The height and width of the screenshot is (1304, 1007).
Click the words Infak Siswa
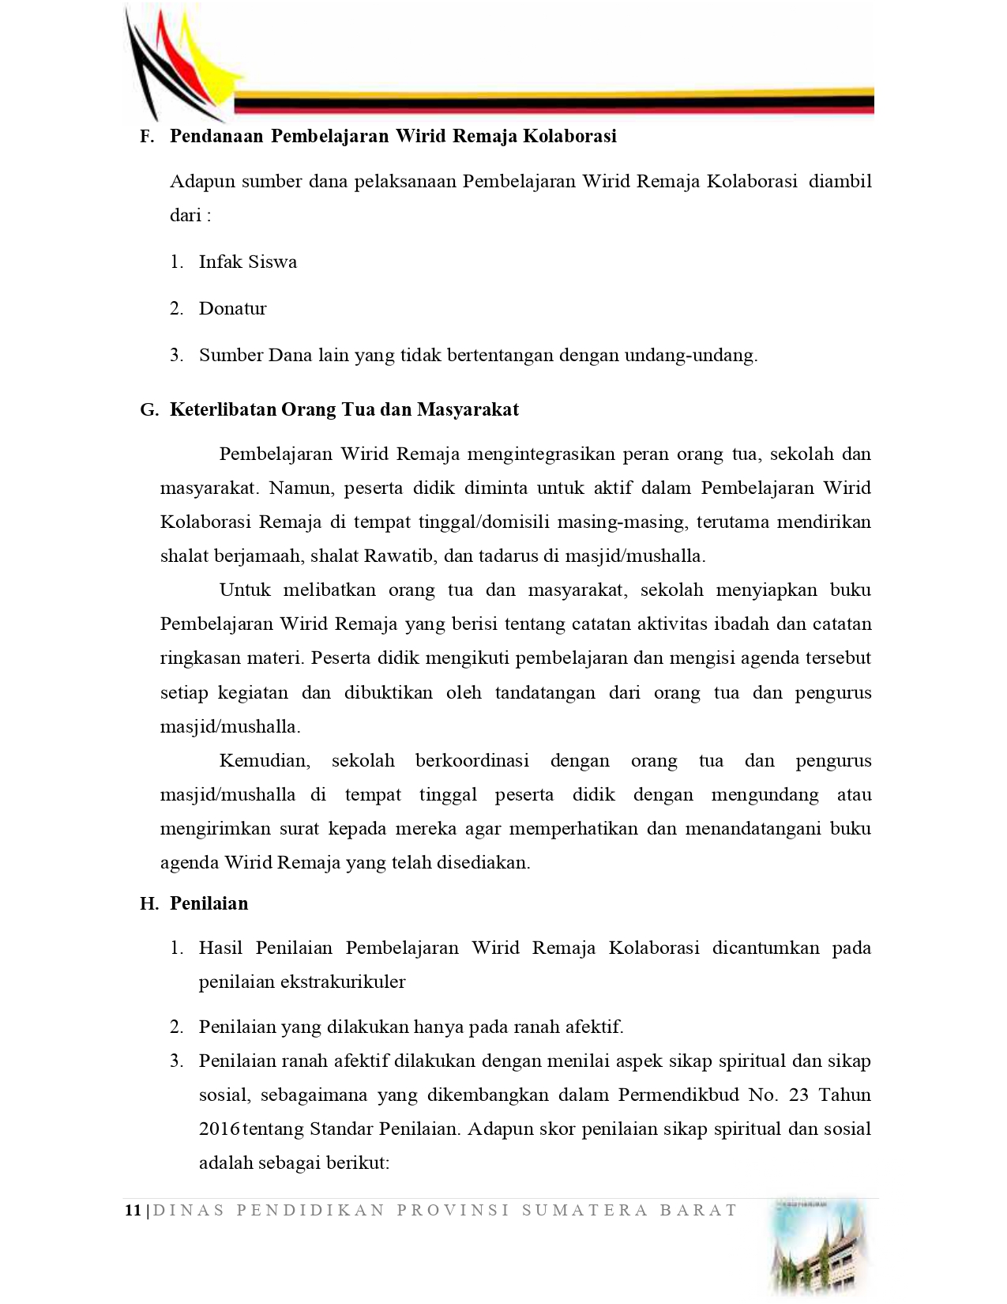point(248,262)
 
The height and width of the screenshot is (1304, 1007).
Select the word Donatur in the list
point(233,309)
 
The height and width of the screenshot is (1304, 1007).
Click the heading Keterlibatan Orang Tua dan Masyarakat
point(344,410)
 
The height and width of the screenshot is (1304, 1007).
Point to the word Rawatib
point(399,556)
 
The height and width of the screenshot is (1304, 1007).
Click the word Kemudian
point(264,761)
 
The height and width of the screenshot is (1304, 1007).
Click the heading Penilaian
point(209,904)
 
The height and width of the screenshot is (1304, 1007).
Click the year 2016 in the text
point(219,1129)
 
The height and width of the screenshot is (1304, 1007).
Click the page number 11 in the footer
point(133,1211)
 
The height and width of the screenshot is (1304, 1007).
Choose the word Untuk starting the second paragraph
point(245,590)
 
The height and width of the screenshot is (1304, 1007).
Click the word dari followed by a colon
point(186,216)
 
